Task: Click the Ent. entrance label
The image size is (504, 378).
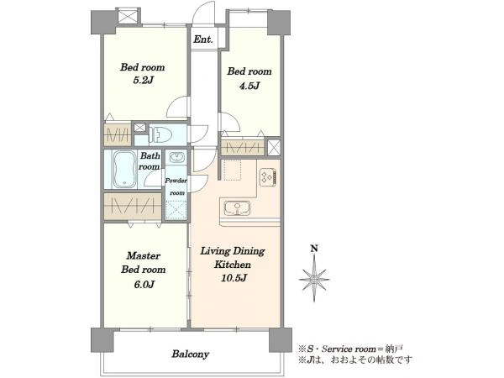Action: click(x=202, y=39)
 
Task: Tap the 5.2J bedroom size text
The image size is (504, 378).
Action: click(x=143, y=80)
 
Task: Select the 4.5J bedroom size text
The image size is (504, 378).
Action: click(x=249, y=86)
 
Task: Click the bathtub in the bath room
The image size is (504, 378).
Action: click(x=124, y=170)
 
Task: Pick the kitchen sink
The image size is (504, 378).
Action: click(x=237, y=207)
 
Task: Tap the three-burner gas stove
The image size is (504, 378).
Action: click(x=268, y=177)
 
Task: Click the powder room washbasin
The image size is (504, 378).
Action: click(x=176, y=158)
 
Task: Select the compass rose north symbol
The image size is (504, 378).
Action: click(x=314, y=279)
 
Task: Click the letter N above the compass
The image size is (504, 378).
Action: click(x=314, y=249)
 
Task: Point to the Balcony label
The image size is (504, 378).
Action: click(x=191, y=354)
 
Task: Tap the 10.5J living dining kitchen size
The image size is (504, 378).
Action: click(x=234, y=278)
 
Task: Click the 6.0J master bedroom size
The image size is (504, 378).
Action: click(x=144, y=284)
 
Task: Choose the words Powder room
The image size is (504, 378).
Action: click(x=176, y=186)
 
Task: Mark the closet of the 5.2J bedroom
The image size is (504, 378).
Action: click(x=118, y=134)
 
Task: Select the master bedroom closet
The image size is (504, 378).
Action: click(x=133, y=207)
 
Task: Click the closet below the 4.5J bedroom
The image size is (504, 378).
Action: click(x=243, y=148)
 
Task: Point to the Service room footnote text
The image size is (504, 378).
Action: click(x=350, y=349)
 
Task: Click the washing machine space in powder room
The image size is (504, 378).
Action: click(x=176, y=209)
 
